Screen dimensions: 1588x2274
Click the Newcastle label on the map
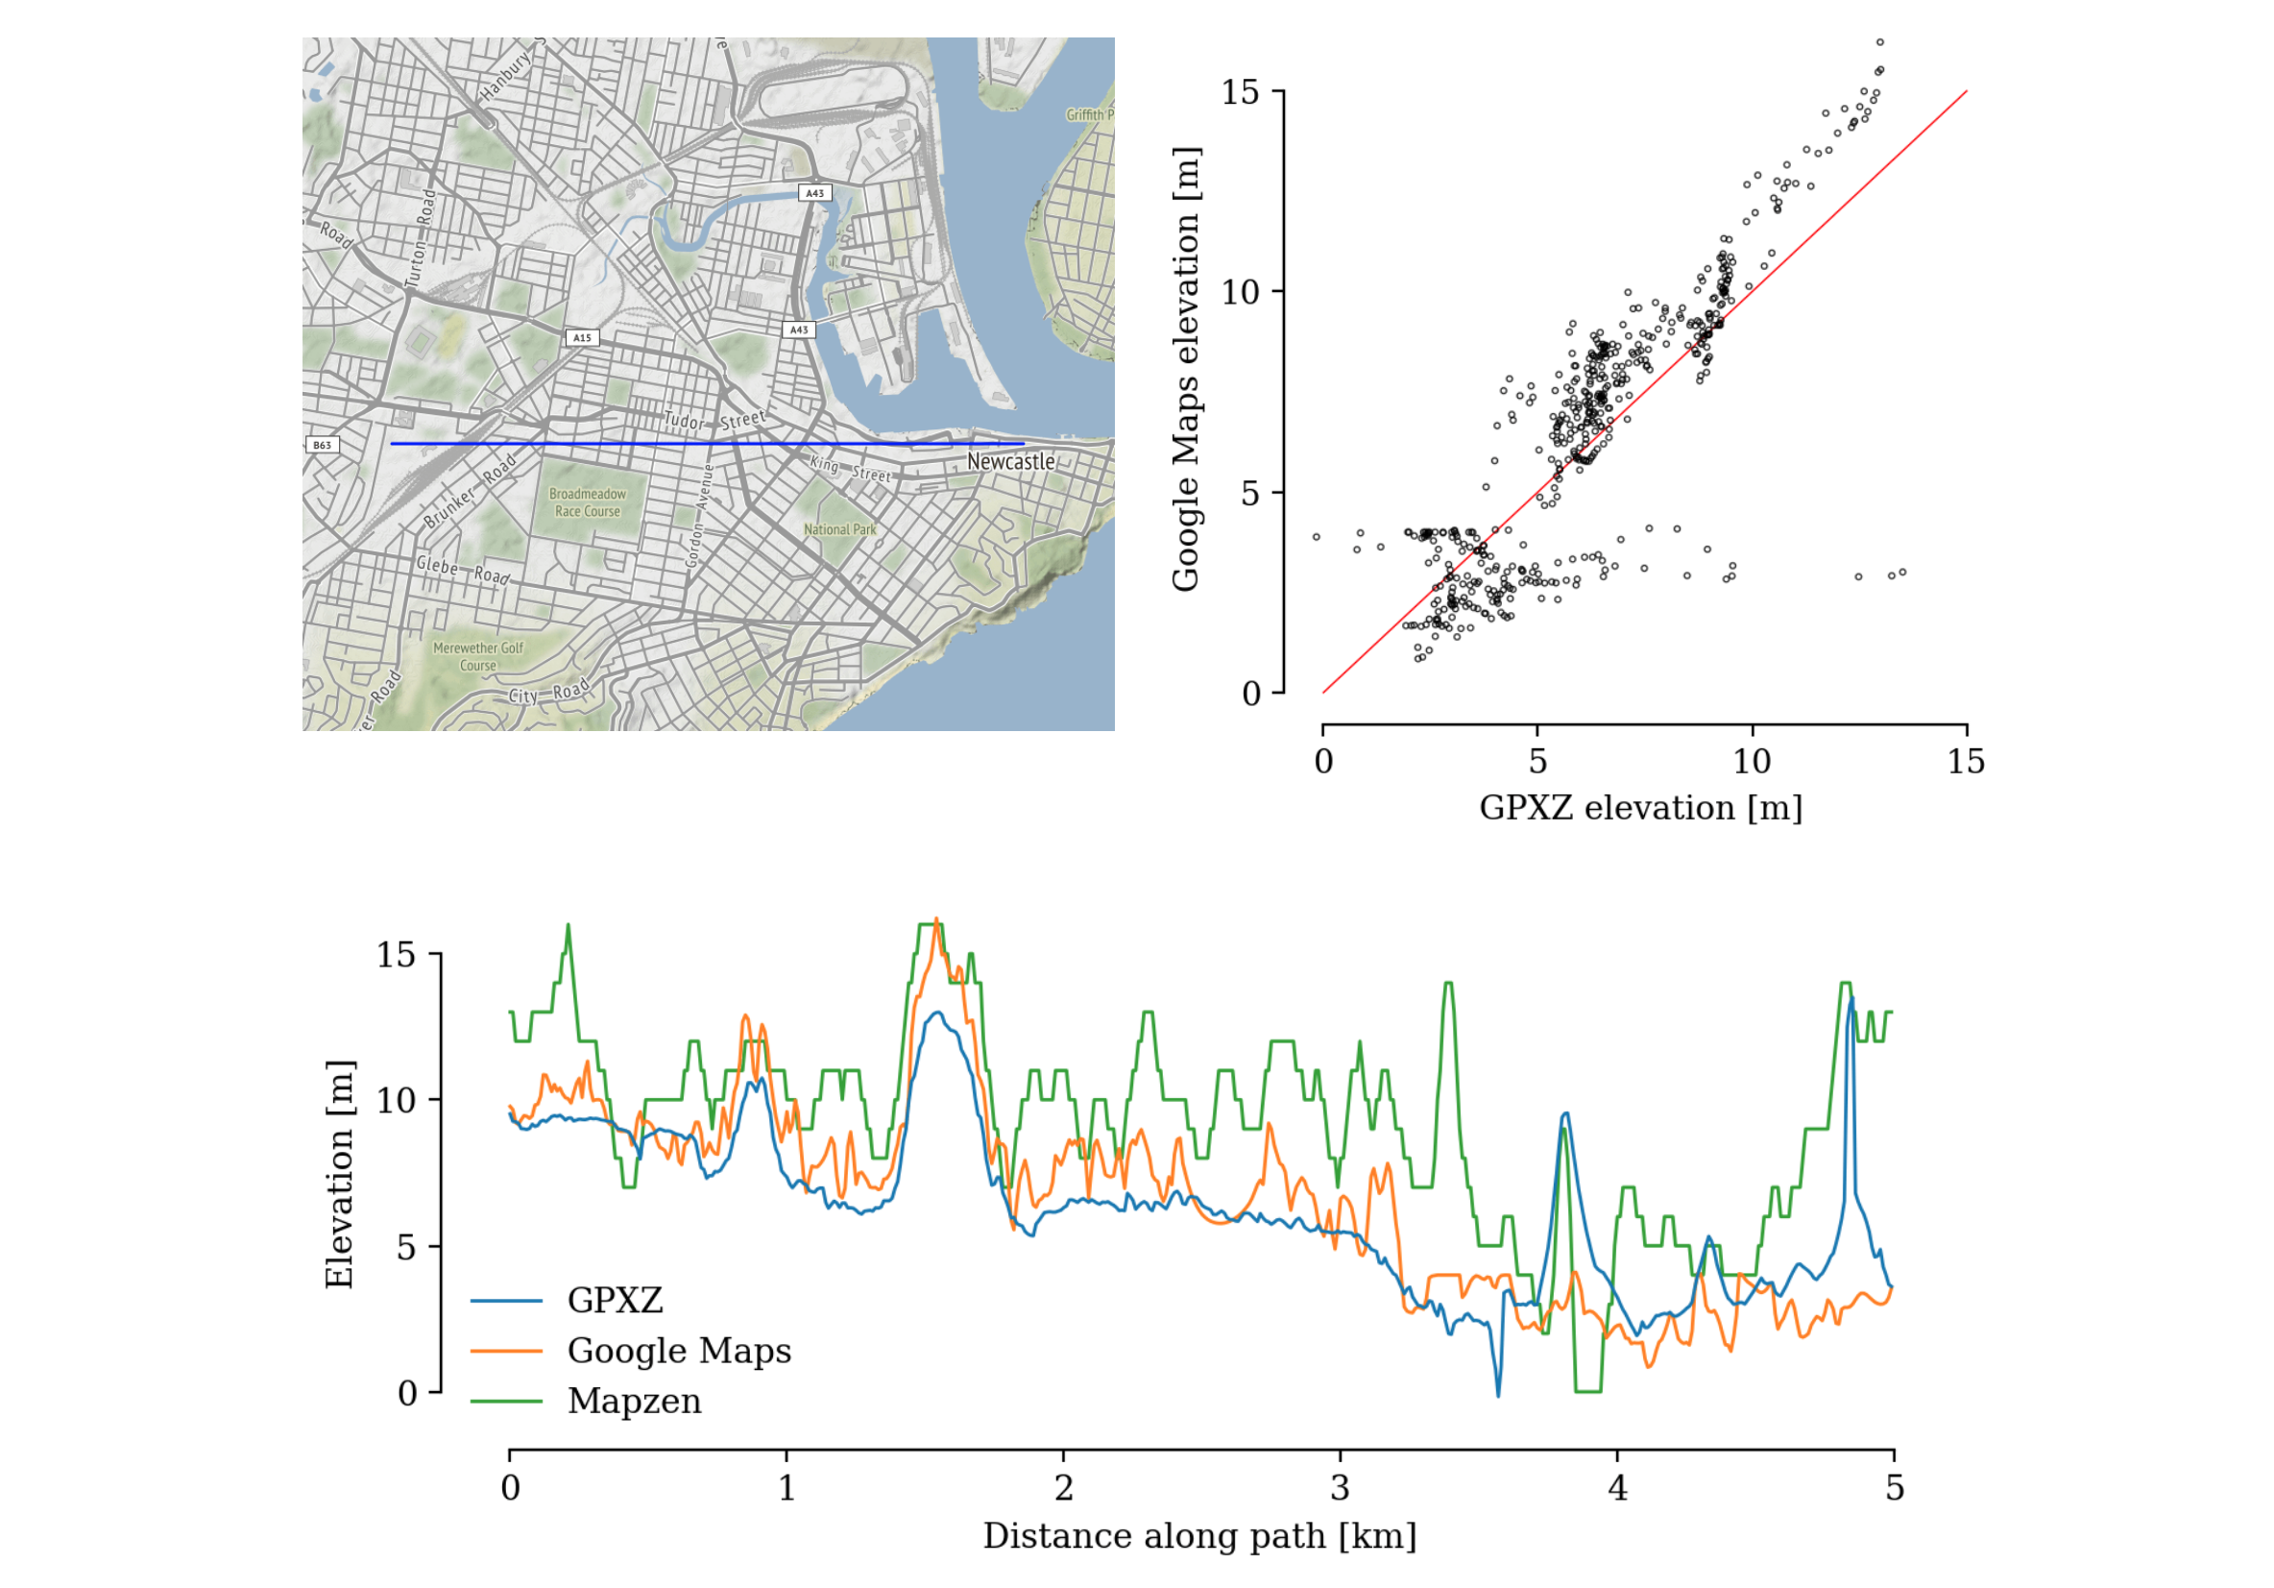click(x=1010, y=462)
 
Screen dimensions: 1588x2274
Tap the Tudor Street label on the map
click(x=714, y=420)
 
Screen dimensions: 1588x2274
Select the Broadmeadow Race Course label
click(x=588, y=502)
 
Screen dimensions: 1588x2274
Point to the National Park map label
click(x=840, y=530)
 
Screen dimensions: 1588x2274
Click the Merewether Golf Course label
click(x=478, y=657)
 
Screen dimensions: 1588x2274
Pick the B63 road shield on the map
click(x=322, y=445)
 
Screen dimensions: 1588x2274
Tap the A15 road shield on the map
click(x=581, y=338)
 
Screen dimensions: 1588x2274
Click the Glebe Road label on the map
click(x=463, y=570)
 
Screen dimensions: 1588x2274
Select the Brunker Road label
click(x=471, y=491)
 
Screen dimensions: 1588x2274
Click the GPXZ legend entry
click(x=614, y=1300)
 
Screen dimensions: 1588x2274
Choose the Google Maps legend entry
click(x=678, y=1351)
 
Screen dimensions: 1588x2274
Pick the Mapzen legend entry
click(x=634, y=1401)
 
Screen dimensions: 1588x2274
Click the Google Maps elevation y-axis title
click(x=1186, y=370)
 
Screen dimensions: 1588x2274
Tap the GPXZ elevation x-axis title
click(x=1640, y=808)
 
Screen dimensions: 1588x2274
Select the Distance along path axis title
click(x=1199, y=1536)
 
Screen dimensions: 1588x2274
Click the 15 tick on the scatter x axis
click(x=1966, y=762)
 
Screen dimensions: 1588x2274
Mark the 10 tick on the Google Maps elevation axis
click(x=1239, y=292)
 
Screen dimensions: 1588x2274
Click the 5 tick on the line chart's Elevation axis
click(x=406, y=1247)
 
